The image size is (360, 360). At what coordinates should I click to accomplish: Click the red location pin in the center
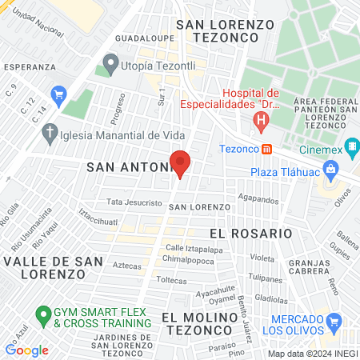(x=180, y=163)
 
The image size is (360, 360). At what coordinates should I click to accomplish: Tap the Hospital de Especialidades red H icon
(x=260, y=122)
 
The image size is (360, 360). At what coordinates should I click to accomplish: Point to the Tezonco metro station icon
(x=267, y=148)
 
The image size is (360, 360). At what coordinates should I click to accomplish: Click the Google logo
(x=26, y=350)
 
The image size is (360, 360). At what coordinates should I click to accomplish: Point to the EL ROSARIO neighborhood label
(x=250, y=233)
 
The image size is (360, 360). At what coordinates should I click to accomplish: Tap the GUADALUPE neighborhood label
(x=145, y=38)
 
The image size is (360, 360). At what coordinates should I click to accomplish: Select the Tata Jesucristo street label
(x=134, y=203)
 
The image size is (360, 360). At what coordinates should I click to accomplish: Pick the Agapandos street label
(x=257, y=197)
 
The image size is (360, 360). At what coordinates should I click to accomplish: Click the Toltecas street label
(x=171, y=281)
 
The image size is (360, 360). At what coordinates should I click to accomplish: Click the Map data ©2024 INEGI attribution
(x=312, y=354)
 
